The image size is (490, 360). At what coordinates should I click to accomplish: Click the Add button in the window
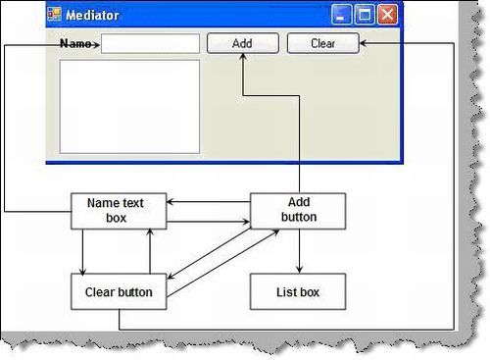(242, 43)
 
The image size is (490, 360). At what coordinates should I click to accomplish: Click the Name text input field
(150, 44)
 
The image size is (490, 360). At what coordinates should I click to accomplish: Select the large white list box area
(129, 106)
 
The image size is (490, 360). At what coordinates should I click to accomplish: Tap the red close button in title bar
(387, 15)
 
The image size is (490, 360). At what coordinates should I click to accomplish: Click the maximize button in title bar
(365, 15)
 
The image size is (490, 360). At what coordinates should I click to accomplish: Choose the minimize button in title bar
(342, 15)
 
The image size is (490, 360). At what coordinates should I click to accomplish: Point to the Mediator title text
(92, 16)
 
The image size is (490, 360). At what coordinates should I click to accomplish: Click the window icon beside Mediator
(54, 15)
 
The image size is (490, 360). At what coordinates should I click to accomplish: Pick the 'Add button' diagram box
(298, 210)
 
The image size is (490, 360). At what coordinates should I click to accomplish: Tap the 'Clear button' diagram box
(118, 290)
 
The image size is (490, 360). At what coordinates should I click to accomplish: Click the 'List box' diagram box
(298, 290)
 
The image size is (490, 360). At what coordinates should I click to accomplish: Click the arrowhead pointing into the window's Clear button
(365, 43)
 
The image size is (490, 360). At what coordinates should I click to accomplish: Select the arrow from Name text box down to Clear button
(83, 251)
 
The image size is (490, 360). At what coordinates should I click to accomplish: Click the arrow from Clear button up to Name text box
(149, 251)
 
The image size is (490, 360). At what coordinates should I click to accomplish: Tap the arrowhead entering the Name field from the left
(96, 44)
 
